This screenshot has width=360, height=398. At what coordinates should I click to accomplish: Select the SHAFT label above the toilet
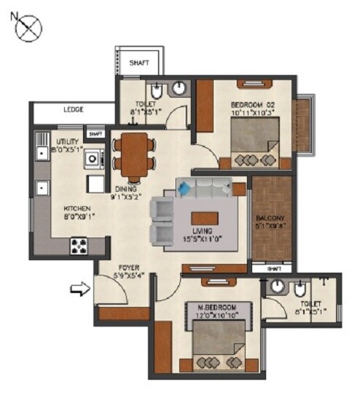[x=139, y=63]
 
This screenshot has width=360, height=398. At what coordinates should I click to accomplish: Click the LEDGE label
[x=73, y=109]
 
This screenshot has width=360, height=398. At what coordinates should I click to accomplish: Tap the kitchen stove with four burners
[x=78, y=246]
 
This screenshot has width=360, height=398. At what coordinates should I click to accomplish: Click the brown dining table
[x=134, y=155]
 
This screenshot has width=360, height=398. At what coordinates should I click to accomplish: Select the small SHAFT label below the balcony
[x=273, y=269]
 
